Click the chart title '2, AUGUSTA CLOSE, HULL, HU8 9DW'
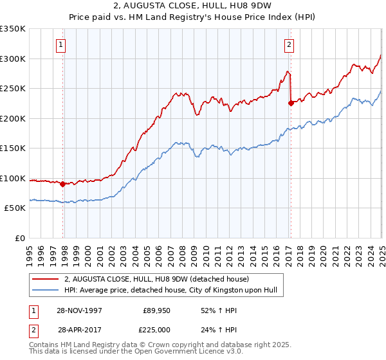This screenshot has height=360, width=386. [193, 7]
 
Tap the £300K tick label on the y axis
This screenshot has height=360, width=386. [13, 59]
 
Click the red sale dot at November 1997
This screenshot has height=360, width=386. [63, 184]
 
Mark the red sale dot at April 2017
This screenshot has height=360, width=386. [291, 102]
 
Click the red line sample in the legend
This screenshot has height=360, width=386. [45, 279]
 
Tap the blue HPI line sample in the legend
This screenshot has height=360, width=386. [45, 290]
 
